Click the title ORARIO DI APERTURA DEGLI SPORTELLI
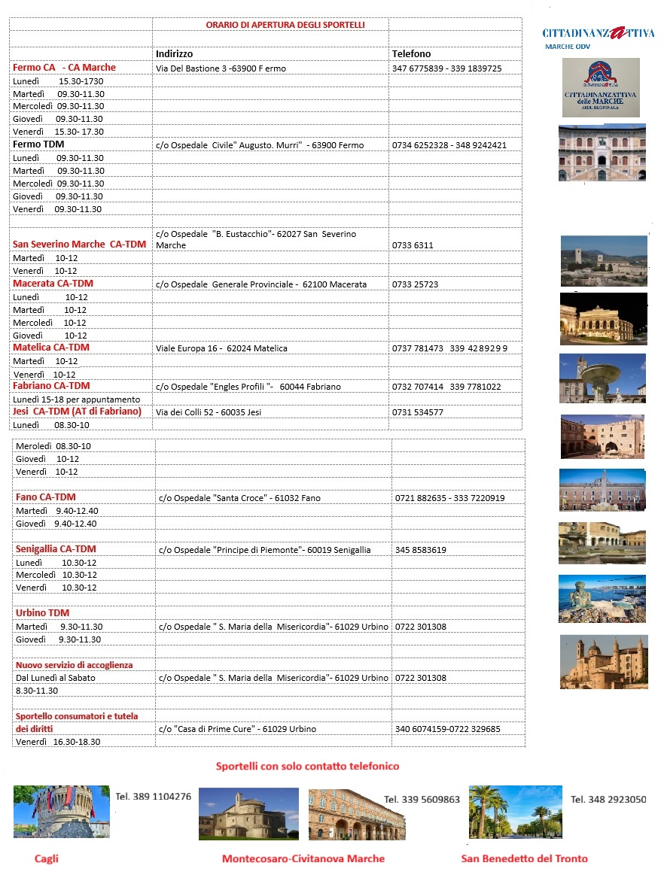point(285,25)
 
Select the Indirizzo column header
point(174,54)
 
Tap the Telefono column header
point(411,54)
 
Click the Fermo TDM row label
point(38,144)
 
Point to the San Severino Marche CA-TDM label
point(79,245)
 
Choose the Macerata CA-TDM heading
point(53,284)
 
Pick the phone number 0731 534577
point(418,412)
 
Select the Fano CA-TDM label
point(45,497)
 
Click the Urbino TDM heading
point(42,613)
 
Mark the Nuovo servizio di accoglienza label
point(74,665)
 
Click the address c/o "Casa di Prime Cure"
point(237,729)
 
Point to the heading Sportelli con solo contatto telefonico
point(307,767)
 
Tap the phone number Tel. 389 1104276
point(153,796)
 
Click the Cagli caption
point(47,858)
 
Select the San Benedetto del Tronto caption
point(524,858)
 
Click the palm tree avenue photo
point(515,812)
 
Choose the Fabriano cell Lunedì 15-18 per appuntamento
point(76,399)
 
